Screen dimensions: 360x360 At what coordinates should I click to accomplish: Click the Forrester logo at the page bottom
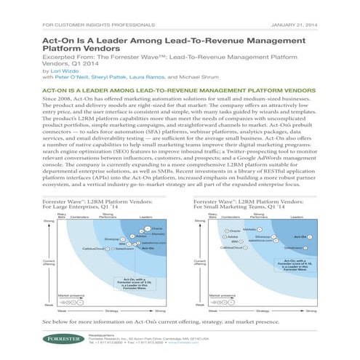[x=59, y=340]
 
